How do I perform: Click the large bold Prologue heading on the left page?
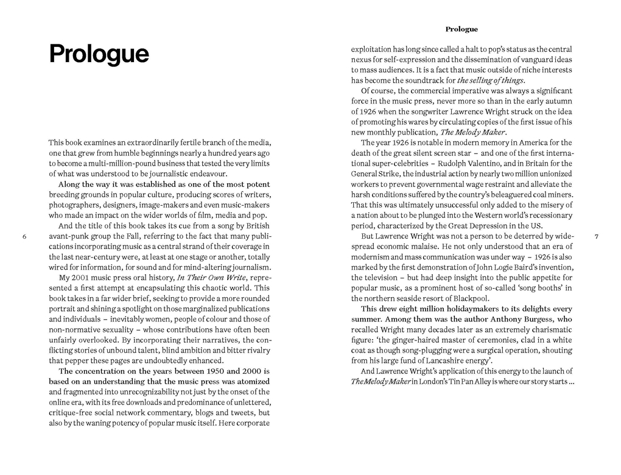[99, 54]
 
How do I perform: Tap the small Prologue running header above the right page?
[461, 29]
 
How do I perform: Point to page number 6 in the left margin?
[23, 236]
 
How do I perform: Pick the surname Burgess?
[540, 319]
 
